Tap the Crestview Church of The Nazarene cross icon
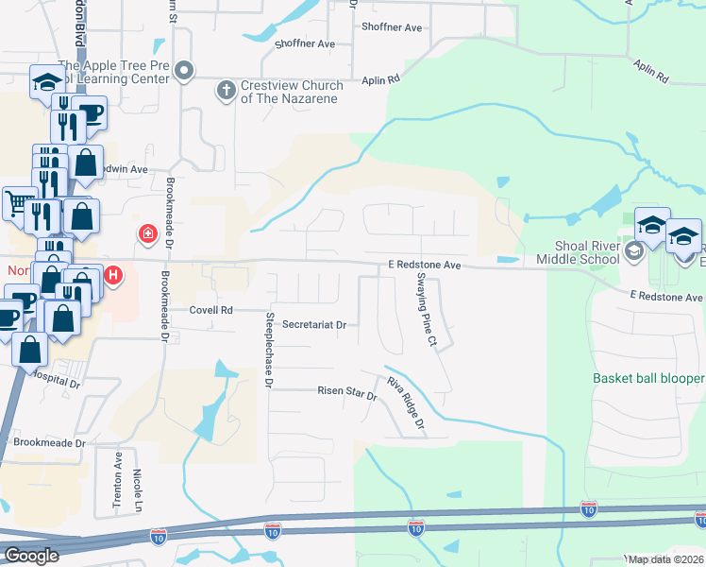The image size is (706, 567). point(226,90)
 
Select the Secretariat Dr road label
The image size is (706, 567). point(315,324)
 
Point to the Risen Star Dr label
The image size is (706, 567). point(346,390)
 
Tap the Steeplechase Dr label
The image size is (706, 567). point(270,350)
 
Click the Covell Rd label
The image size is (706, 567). point(210,309)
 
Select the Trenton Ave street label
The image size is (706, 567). point(118,481)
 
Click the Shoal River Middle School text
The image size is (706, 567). point(576,252)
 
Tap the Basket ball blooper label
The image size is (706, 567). point(648,378)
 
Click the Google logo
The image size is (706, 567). point(30,556)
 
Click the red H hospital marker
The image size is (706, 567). point(113,276)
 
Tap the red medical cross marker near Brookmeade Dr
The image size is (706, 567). point(147,233)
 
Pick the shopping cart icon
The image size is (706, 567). point(16,202)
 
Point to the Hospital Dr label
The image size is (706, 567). point(54,380)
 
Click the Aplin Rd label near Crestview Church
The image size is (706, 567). point(379,81)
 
